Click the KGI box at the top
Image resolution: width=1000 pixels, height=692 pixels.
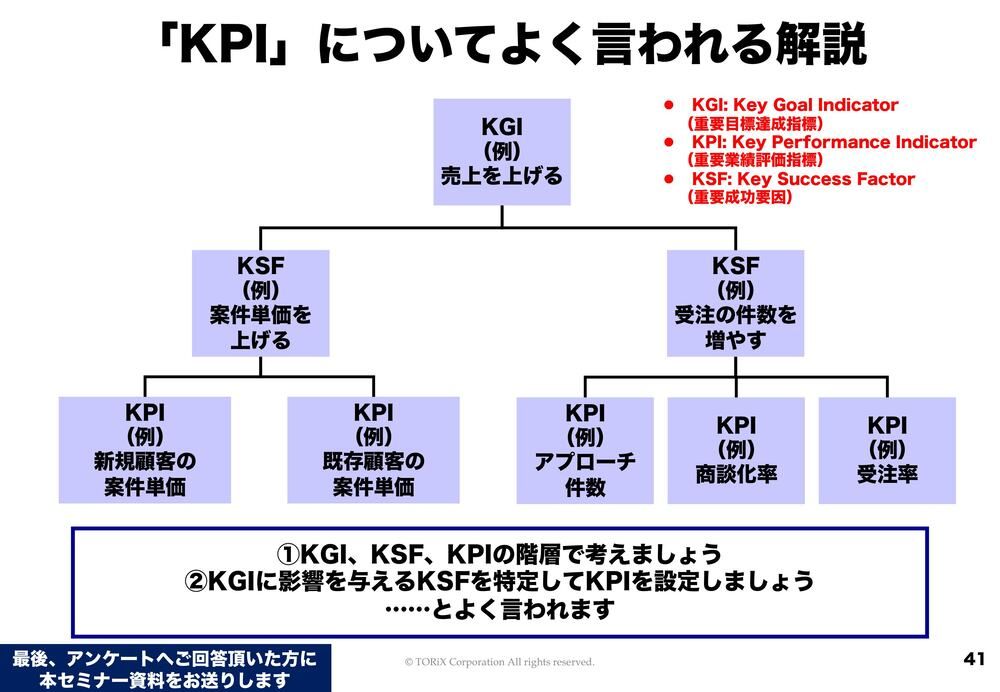pyautogui.click(x=501, y=152)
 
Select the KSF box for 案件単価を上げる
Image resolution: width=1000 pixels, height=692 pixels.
pyautogui.click(x=260, y=303)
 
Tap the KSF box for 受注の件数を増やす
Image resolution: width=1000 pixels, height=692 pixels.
pyautogui.click(x=735, y=303)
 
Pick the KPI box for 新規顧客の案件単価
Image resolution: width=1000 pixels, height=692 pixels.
pyautogui.click(x=145, y=450)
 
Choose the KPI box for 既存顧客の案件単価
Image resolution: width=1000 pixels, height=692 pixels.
pyautogui.click(x=373, y=450)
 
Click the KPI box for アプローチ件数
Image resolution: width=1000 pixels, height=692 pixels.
pyautogui.click(x=585, y=450)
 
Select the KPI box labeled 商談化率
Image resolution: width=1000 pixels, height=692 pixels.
pyautogui.click(x=736, y=450)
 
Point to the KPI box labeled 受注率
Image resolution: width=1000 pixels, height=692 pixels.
pyautogui.click(x=887, y=450)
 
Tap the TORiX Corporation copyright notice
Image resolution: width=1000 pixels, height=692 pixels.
pyautogui.click(x=499, y=662)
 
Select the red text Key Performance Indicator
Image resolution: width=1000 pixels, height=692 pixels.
pyautogui.click(x=833, y=142)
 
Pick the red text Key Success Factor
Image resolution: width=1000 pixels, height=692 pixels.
pyautogui.click(x=803, y=179)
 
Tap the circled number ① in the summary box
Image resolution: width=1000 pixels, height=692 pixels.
pyautogui.click(x=289, y=554)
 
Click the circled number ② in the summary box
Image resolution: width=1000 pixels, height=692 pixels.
pyautogui.click(x=197, y=581)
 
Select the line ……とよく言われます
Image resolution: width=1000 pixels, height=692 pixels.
pyautogui.click(x=499, y=608)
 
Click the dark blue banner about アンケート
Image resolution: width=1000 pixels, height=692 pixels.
pyautogui.click(x=165, y=669)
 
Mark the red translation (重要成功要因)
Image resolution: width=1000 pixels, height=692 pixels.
pyautogui.click(x=739, y=198)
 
